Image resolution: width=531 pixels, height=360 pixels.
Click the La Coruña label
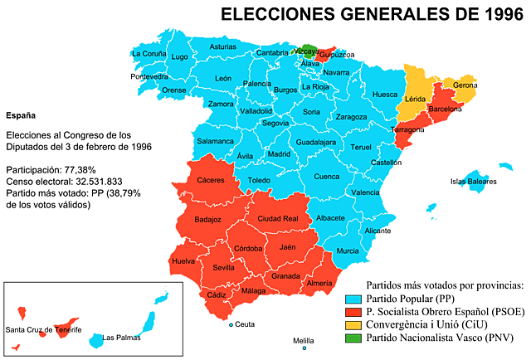pyautogui.click(x=148, y=54)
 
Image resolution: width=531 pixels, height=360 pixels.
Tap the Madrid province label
pyautogui.click(x=279, y=154)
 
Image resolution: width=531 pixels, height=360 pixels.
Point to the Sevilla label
pyautogui.click(x=224, y=268)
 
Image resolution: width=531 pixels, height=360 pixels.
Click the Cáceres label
pyautogui.click(x=210, y=180)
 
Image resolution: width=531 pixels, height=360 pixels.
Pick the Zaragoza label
pyautogui.click(x=351, y=117)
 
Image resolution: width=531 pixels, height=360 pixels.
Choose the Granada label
pyautogui.click(x=285, y=276)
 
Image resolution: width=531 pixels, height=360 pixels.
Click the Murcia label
pyautogui.click(x=348, y=251)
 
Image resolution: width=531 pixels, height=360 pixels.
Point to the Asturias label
pyautogui.click(x=222, y=47)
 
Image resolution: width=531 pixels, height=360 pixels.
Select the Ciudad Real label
pyautogui.click(x=278, y=218)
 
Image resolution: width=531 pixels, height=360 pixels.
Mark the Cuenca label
pyautogui.click(x=326, y=177)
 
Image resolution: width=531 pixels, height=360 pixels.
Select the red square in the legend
pyautogui.click(x=353, y=312)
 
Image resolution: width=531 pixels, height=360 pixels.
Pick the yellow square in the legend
pyautogui.click(x=353, y=325)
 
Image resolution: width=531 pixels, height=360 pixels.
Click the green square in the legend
pyautogui.click(x=353, y=338)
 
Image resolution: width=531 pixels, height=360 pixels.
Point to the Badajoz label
pyautogui.click(x=207, y=220)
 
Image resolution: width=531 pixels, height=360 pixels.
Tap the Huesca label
pyautogui.click(x=385, y=95)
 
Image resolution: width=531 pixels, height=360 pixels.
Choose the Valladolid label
pyautogui.click(x=256, y=110)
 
